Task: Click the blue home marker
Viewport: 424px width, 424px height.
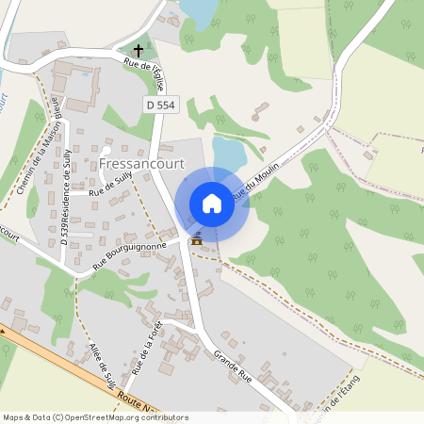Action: (212, 204)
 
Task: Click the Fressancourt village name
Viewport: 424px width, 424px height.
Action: (142, 164)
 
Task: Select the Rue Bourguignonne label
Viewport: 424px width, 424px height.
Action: (129, 257)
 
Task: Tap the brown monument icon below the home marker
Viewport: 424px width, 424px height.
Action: (196, 239)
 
